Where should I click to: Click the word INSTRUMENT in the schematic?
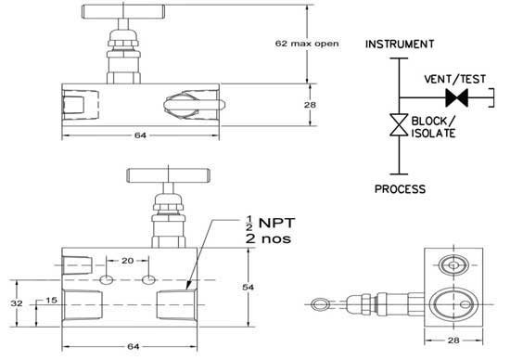pyautogui.click(x=399, y=45)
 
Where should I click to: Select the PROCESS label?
pyautogui.click(x=400, y=189)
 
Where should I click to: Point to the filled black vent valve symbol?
pyautogui.click(x=454, y=96)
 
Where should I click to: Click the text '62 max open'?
pyautogui.click(x=308, y=43)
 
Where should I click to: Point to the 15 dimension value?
pyautogui.click(x=50, y=301)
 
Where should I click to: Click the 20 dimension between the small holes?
pyautogui.click(x=128, y=262)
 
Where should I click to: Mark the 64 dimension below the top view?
pyautogui.click(x=141, y=136)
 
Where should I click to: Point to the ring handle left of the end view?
pyautogui.click(x=320, y=301)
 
